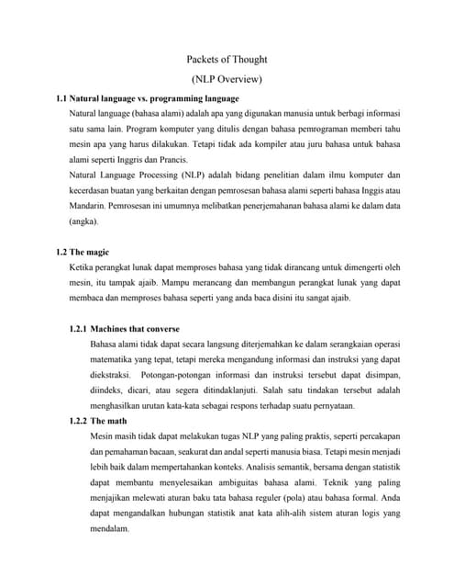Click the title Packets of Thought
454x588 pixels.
[227, 60]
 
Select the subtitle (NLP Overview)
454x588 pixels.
[227, 79]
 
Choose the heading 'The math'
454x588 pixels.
[111, 420]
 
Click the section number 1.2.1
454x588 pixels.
[78, 328]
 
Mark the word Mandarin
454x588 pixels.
[90, 206]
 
